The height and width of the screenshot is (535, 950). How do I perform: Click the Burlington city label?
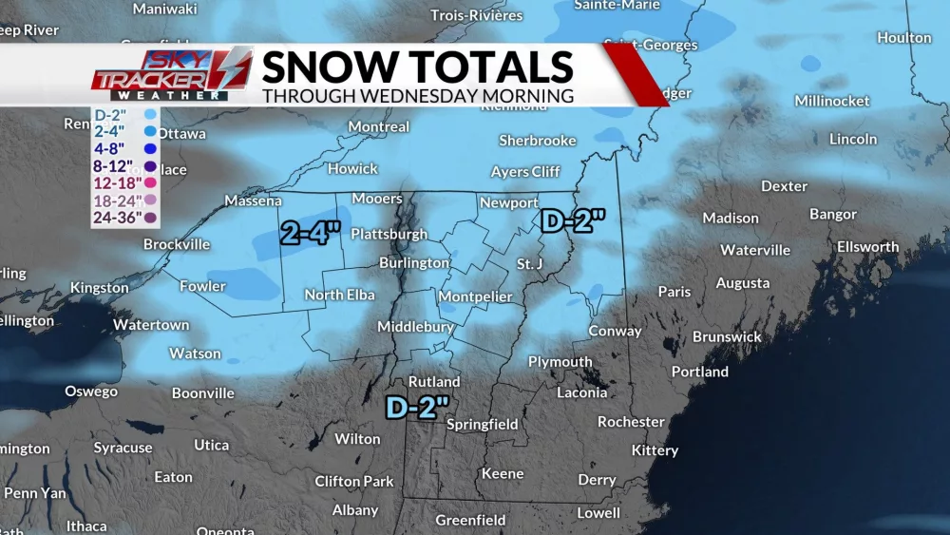click(x=414, y=263)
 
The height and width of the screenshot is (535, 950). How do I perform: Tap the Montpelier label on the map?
click(x=475, y=296)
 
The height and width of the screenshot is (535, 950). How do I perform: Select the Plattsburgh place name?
click(x=387, y=234)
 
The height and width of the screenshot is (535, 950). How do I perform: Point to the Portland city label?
click(x=700, y=372)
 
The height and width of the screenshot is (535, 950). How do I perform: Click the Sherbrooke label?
click(x=538, y=141)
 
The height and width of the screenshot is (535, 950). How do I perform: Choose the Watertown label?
click(x=151, y=325)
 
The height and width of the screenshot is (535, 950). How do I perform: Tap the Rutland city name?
click(x=434, y=382)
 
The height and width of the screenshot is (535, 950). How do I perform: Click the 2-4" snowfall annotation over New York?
click(x=311, y=233)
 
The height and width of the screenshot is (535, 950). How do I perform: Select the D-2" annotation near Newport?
click(x=573, y=221)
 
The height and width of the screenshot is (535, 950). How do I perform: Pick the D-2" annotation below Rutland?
click(x=417, y=407)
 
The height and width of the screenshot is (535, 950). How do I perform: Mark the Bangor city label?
click(x=833, y=215)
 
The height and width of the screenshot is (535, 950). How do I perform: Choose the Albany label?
click(x=355, y=510)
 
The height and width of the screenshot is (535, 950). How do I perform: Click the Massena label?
click(x=254, y=201)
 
